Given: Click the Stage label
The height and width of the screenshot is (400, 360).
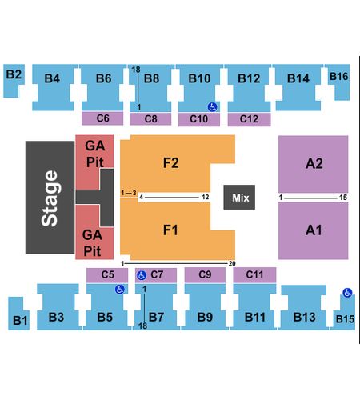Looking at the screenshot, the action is (50, 198).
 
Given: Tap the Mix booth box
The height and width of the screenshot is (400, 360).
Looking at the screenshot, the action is (239, 197).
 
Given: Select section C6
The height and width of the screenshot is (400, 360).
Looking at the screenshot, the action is (102, 118).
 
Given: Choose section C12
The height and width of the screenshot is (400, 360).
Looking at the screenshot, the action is (249, 119).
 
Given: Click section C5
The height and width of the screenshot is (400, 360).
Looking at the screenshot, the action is (107, 274).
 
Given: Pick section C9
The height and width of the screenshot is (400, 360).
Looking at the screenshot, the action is (205, 274).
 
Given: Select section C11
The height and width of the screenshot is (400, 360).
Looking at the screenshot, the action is (254, 274).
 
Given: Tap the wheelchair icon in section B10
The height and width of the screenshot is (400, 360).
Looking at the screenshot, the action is (212, 107).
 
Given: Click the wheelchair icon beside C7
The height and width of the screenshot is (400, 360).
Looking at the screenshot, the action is (142, 275).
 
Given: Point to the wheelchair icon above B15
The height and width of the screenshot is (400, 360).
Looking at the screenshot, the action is (347, 293).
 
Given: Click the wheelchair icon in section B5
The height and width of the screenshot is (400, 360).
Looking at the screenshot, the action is (120, 289).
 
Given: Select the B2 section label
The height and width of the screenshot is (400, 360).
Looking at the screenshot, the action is (14, 74).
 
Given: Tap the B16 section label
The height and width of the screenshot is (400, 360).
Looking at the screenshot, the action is (338, 77).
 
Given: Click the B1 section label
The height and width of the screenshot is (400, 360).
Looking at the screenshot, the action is (20, 320).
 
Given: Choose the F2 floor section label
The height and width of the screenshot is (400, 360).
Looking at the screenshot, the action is (170, 162).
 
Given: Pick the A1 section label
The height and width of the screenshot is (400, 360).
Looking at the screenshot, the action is (314, 230).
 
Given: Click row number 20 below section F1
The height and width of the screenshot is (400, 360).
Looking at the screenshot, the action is (232, 263).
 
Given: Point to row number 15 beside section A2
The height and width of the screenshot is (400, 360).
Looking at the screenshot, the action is (343, 198).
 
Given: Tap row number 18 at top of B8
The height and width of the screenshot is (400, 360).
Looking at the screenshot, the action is (136, 70).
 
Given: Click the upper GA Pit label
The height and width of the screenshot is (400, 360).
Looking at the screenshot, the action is (95, 154).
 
